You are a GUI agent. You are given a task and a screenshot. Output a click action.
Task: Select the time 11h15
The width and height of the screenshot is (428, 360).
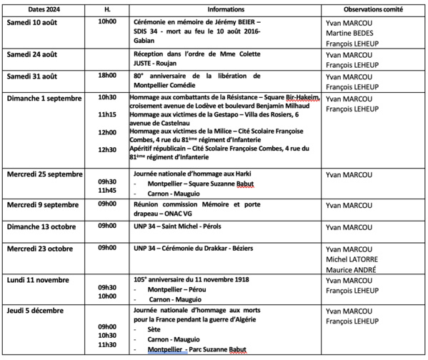pos(107,114)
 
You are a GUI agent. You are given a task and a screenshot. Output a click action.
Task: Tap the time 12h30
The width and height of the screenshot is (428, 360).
pos(107,149)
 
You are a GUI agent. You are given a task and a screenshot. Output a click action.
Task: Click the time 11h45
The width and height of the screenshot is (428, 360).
pos(107,191)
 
